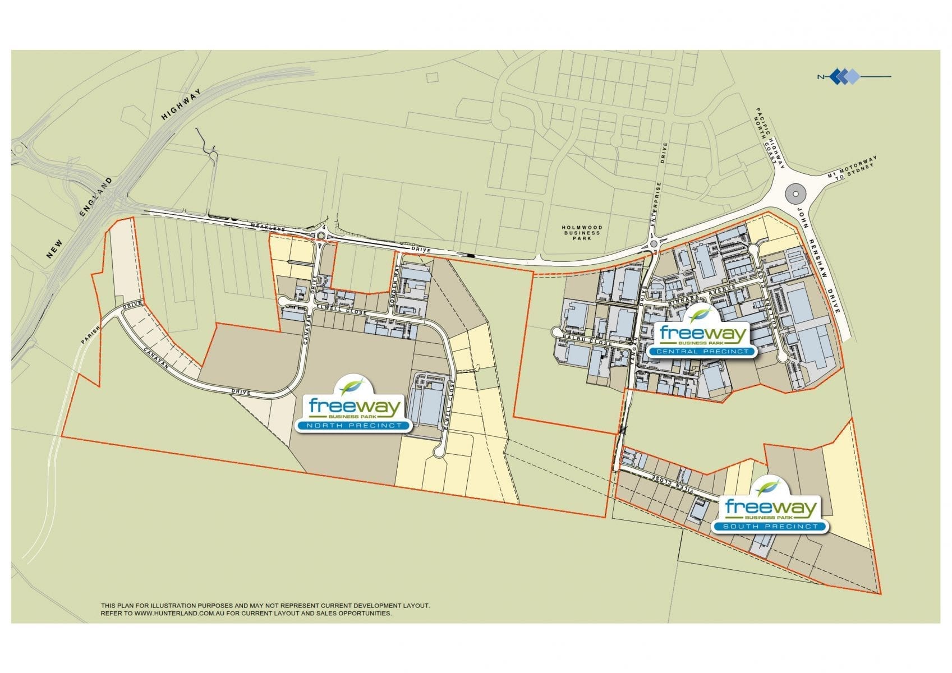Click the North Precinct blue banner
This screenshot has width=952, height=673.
[353, 426]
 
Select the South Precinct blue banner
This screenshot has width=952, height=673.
[770, 527]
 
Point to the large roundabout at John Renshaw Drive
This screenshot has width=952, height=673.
[795, 194]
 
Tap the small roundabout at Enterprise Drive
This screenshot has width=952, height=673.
[654, 245]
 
